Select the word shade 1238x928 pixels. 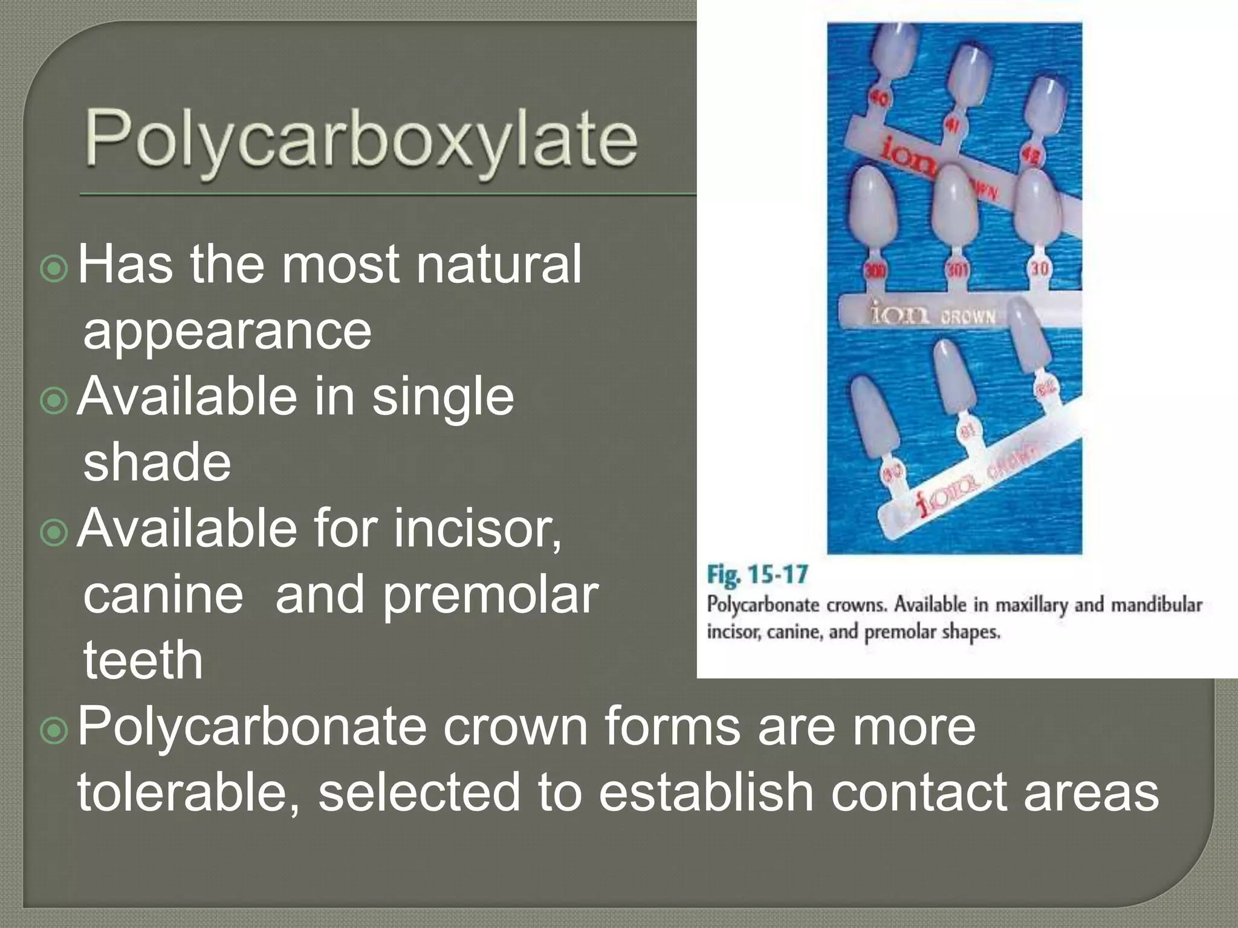(x=157, y=462)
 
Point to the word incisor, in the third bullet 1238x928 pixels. (x=477, y=528)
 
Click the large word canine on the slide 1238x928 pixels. (x=163, y=594)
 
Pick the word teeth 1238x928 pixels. (x=143, y=660)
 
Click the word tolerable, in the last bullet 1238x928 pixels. (x=187, y=791)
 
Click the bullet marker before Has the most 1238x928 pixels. (x=54, y=268)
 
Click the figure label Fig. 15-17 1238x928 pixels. (x=757, y=575)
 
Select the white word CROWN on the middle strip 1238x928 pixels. (x=967, y=316)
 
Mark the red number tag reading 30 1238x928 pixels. (x=1039, y=268)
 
